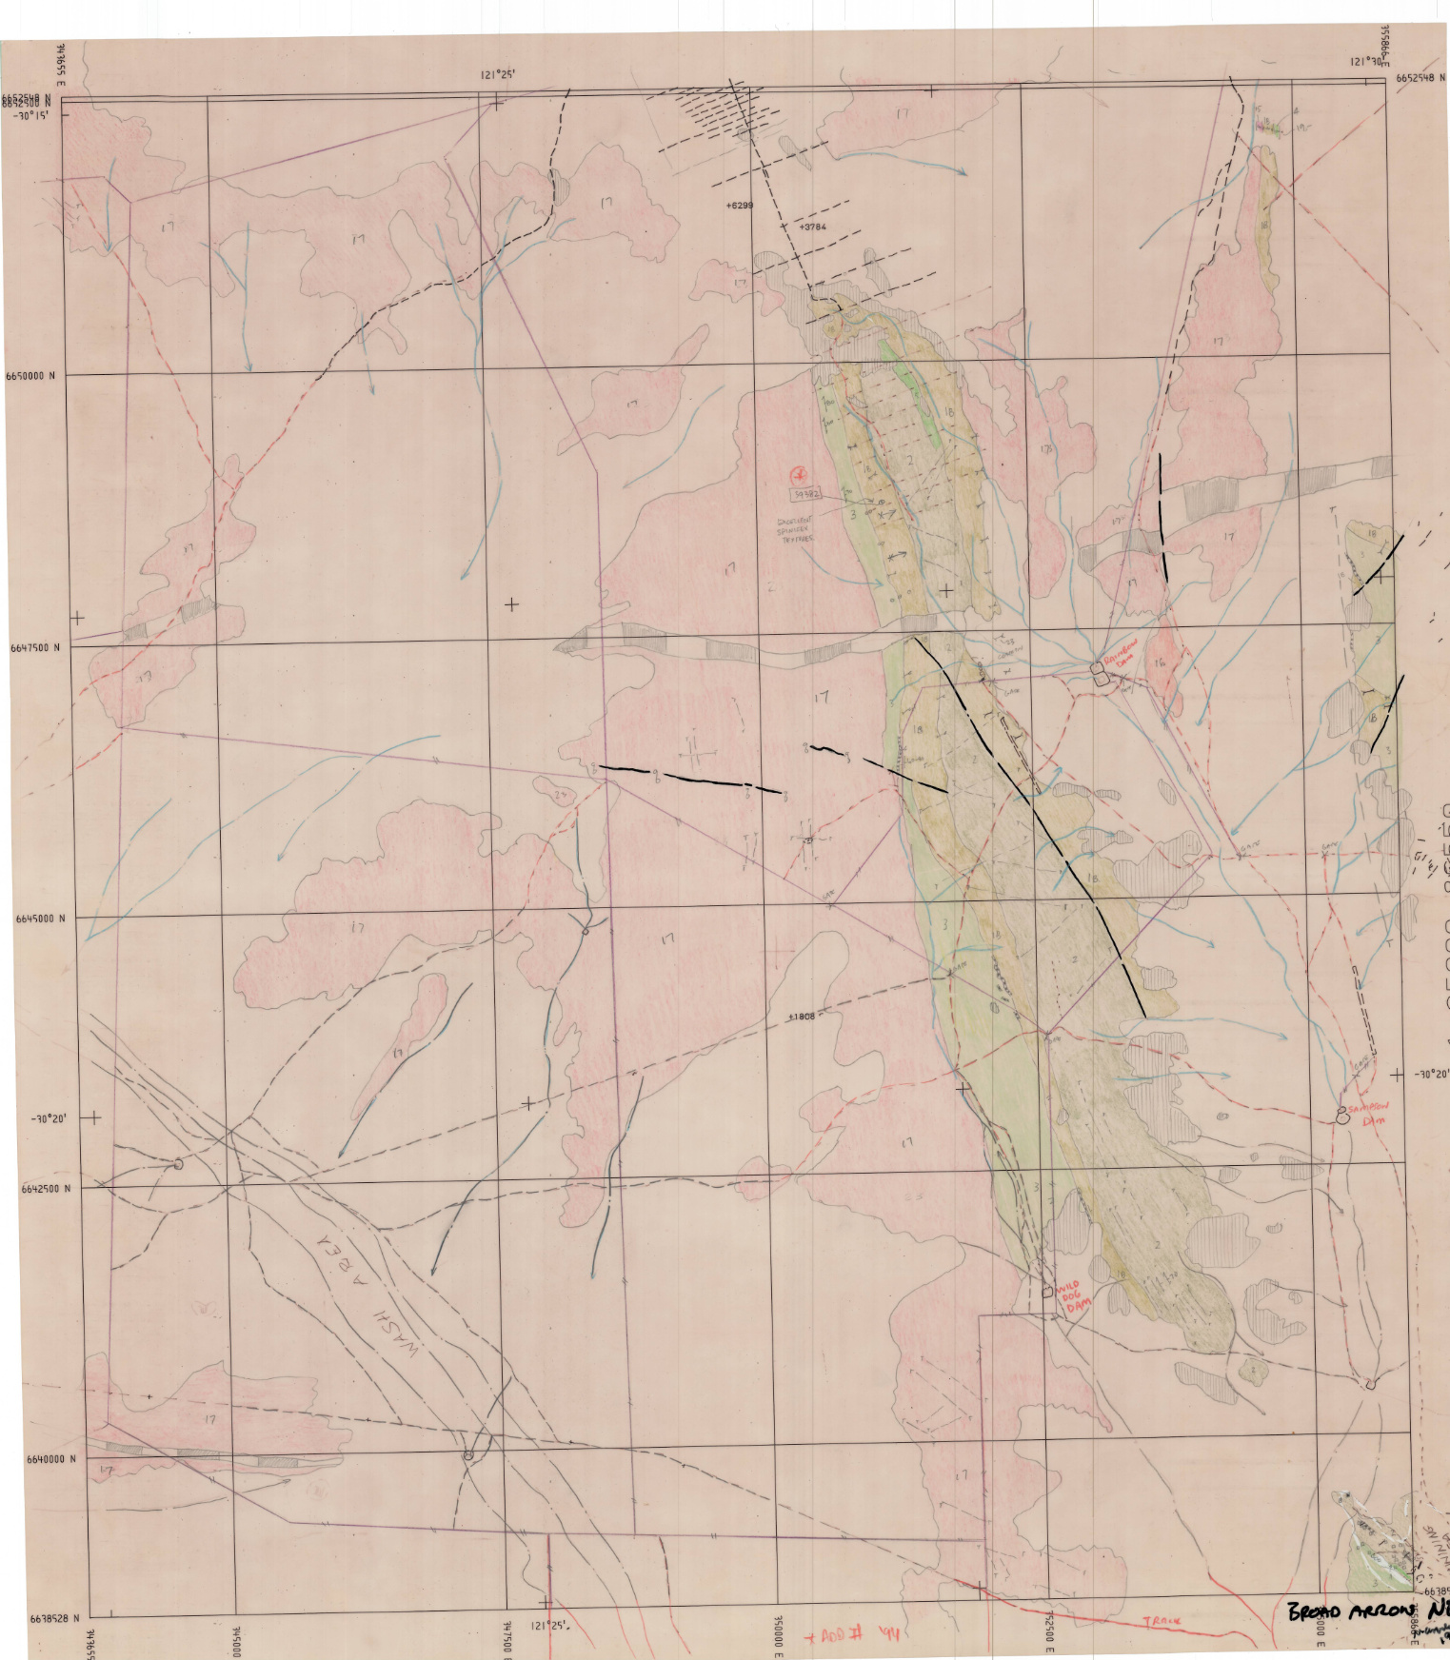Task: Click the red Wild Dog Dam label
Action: pyautogui.click(x=1073, y=1295)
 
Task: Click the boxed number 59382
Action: pyautogui.click(x=805, y=494)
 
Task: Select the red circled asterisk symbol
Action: pyautogui.click(x=799, y=473)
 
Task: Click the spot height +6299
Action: pyautogui.click(x=739, y=206)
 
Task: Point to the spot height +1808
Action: pyautogui.click(x=801, y=1017)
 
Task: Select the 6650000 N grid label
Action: pyautogui.click(x=30, y=376)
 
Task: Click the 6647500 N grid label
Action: pyautogui.click(x=34, y=647)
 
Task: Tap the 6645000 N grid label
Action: pyautogui.click(x=40, y=919)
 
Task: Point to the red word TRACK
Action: pyautogui.click(x=1162, y=1620)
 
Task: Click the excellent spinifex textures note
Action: pyautogui.click(x=796, y=531)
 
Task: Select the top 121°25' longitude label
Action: pyautogui.click(x=498, y=74)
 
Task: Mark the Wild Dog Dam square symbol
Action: pyautogui.click(x=1048, y=1292)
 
